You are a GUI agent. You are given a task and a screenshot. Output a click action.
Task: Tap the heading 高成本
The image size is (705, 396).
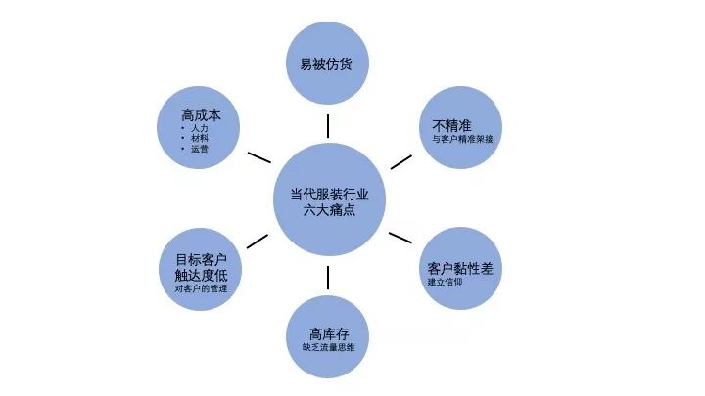click(x=201, y=114)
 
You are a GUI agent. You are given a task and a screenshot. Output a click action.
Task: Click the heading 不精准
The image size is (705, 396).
click(x=452, y=125)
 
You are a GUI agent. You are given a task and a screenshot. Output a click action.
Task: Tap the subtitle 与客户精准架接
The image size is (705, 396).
click(x=462, y=140)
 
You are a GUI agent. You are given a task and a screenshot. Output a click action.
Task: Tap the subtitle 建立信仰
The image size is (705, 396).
click(x=444, y=283)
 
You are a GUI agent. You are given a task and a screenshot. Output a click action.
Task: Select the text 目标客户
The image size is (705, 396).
click(x=201, y=259)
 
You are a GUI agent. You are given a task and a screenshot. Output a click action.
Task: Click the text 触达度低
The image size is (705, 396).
click(x=201, y=275)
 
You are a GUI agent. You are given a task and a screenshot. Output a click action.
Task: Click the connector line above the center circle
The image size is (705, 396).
click(x=328, y=125)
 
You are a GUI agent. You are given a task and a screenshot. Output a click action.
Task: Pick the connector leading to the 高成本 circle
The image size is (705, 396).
click(x=259, y=157)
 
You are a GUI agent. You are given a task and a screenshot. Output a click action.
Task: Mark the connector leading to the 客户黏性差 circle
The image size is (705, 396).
click(x=399, y=238)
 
